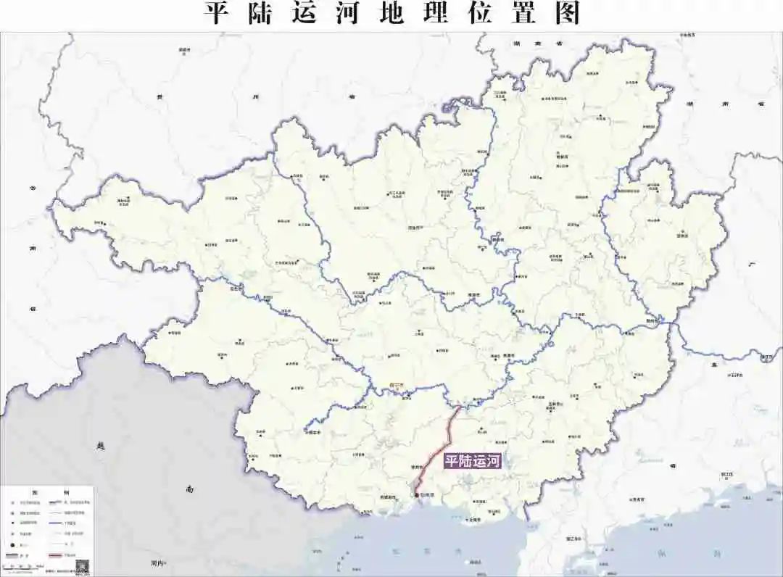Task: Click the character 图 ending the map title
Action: [568, 13]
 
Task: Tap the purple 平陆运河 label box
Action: [473, 460]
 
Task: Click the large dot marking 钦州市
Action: [416, 496]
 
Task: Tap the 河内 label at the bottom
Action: [159, 563]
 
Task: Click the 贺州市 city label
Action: [681, 235]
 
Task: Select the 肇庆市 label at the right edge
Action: [766, 357]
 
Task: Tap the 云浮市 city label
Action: [736, 375]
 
